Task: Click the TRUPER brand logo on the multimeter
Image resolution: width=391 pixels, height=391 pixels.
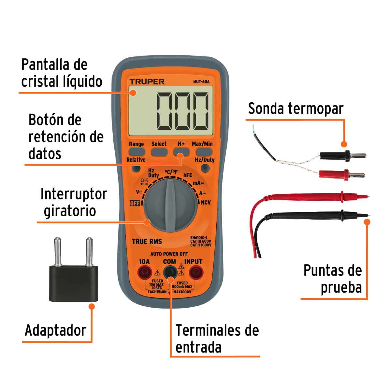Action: [147, 82]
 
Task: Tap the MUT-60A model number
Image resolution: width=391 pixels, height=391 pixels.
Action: [201, 82]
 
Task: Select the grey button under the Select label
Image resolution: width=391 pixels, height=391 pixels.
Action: [159, 152]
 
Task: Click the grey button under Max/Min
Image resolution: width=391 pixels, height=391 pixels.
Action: [204, 152]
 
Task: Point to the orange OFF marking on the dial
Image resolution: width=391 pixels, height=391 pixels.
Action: [135, 203]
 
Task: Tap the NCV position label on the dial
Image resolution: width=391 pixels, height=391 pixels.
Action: [206, 203]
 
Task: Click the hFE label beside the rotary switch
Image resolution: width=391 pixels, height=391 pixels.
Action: [188, 175]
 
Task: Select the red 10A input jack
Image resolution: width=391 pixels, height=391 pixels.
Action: [145, 272]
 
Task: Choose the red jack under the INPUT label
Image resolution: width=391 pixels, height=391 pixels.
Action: [196, 272]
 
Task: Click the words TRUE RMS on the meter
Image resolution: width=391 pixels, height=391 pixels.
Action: [147, 241]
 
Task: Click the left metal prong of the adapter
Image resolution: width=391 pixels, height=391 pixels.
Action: [58, 251]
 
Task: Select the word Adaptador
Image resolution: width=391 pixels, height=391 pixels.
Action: [55, 330]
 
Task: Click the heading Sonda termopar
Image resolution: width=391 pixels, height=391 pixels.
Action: [296, 109]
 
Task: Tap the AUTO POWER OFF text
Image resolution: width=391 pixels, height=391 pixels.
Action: [169, 254]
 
